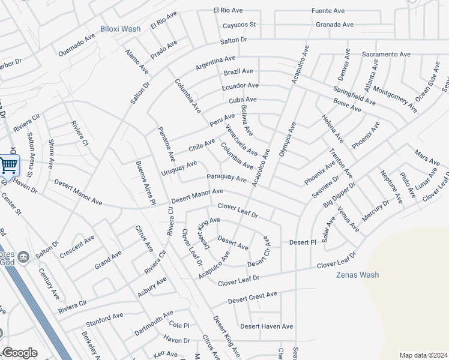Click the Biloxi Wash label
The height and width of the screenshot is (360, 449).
point(120,29)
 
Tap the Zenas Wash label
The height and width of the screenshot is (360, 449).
point(357,275)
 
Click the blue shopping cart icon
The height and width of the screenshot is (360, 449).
point(8,165)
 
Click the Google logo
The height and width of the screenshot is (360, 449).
point(19,353)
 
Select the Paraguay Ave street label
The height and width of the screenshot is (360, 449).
point(227,178)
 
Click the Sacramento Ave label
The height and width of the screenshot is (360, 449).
point(386,54)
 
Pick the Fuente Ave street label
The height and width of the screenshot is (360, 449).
point(328,11)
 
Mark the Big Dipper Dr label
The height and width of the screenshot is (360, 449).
point(339,194)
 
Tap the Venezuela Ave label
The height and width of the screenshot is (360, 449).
point(241,139)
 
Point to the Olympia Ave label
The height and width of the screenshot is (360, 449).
point(288,139)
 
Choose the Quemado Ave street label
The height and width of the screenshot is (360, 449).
point(77,45)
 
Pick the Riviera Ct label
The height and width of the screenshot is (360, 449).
point(79,133)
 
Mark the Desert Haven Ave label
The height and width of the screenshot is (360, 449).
point(267,326)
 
